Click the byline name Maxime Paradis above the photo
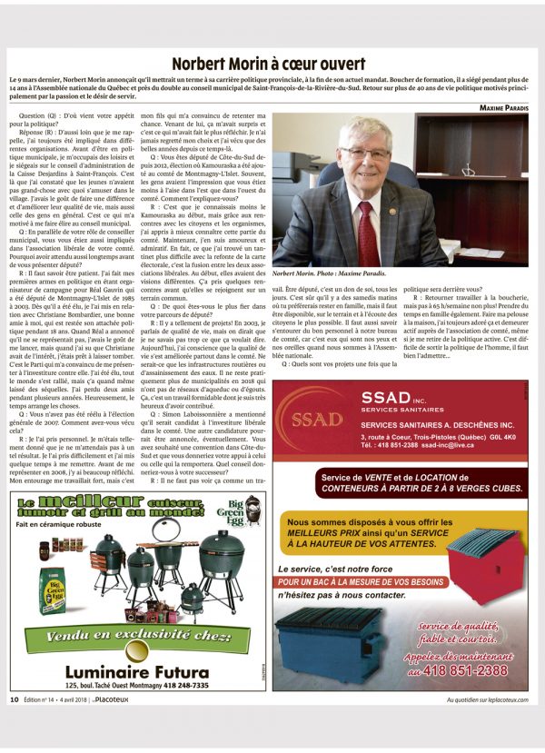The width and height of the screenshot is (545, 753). pos(504,107)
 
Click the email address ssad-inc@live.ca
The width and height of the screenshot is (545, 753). pos(464,446)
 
